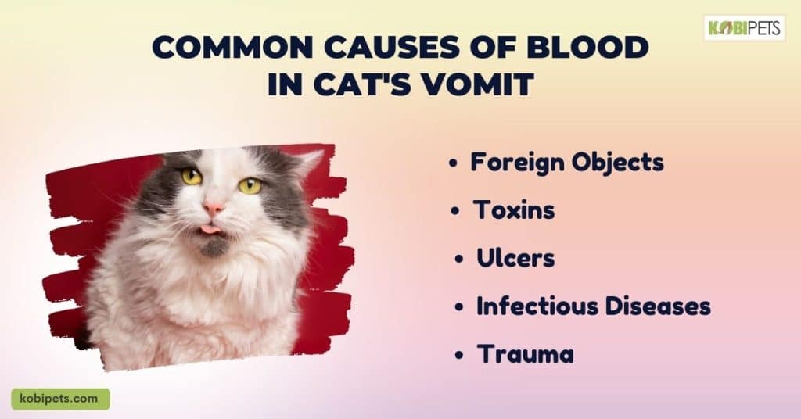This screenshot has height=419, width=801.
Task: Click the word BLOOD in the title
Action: coord(587,48)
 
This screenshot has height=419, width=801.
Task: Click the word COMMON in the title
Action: coord(232,48)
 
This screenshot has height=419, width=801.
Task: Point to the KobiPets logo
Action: coord(745,27)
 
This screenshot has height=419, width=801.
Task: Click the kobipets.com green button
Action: coord(61,399)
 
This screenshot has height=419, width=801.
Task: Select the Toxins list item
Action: coord(514,209)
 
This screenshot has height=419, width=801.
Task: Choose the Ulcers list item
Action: coord(515,258)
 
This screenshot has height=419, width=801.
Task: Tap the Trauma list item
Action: coord(525,353)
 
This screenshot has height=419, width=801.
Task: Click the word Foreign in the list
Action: coord(518,163)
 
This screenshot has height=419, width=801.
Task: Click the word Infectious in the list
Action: coord(537,306)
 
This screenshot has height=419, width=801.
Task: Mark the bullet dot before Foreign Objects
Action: coord(452,163)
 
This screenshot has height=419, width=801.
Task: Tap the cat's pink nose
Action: coord(214,208)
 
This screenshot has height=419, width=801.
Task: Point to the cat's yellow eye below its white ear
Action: coord(250,185)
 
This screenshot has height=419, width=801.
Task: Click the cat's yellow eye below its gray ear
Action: coord(192,177)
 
